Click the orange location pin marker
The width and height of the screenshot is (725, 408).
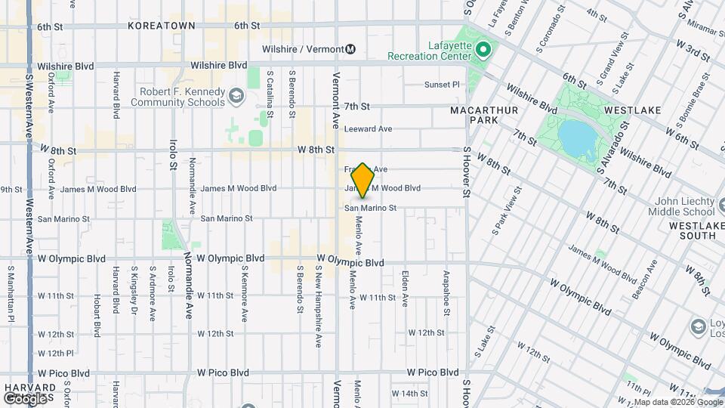point(363,181)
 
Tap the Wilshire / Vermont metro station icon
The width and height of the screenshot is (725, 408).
point(350,49)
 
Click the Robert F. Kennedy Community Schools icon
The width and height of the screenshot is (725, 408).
point(236,95)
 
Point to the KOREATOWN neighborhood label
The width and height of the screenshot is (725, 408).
point(162,26)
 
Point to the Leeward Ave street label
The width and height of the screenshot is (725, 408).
point(368,129)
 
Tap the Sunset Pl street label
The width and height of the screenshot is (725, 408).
point(442,85)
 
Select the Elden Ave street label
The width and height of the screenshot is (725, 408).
point(406,288)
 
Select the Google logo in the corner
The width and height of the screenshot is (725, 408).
point(25,398)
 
